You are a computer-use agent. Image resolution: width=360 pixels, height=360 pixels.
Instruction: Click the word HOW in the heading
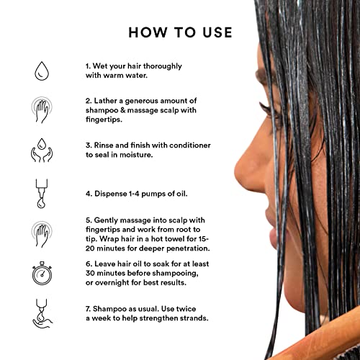(148, 32)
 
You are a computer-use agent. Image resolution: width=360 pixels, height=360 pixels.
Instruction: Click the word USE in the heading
(217, 32)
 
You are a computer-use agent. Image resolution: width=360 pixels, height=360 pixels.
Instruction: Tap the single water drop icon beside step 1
(42, 71)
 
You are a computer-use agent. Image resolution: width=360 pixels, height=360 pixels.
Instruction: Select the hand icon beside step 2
(42, 110)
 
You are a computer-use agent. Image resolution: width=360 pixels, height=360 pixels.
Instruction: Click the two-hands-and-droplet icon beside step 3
(42, 150)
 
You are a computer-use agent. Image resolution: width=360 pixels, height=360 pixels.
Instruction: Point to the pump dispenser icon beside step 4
(42, 194)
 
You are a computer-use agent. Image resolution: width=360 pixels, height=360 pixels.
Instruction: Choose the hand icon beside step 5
(42, 234)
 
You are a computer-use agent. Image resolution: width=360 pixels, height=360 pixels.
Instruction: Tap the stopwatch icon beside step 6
(42, 273)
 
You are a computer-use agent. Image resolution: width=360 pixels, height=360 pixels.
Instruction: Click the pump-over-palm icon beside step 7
(42, 313)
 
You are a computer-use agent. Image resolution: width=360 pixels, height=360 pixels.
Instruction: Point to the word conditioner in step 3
(190, 145)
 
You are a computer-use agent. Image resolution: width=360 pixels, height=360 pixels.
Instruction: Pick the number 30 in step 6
(90, 273)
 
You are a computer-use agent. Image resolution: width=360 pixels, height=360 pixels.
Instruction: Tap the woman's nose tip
(237, 168)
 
